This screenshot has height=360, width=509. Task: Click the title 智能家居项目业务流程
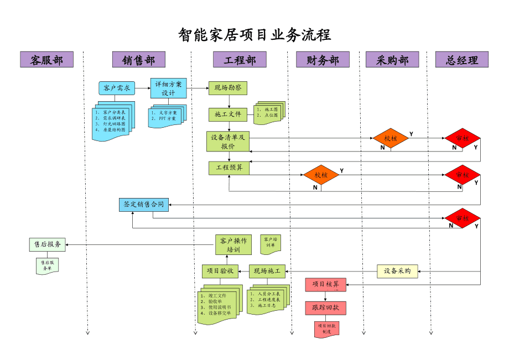tap(254, 35)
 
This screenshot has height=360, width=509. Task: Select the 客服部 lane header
tap(46, 60)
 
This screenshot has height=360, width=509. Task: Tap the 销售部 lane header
tap(138, 60)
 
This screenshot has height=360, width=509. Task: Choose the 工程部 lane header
tap(240, 60)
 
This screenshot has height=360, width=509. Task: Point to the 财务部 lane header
tap(323, 60)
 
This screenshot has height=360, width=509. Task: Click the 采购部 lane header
tap(392, 60)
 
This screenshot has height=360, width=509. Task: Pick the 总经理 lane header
tap(462, 60)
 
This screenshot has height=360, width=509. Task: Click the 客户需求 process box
tap(117, 88)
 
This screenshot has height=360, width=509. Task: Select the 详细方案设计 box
tap(168, 88)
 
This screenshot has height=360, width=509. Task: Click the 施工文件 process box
tap(227, 114)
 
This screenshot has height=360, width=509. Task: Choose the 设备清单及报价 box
tap(227, 142)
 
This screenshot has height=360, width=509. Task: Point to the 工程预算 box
tap(229, 167)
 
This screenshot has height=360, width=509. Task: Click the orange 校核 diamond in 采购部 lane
tap(391, 138)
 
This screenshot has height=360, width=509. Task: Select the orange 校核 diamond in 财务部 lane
tap(321, 175)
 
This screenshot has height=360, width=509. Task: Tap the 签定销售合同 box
tap(144, 204)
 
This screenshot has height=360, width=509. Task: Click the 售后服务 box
tap(47, 244)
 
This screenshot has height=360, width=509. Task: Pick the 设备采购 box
tap(397, 271)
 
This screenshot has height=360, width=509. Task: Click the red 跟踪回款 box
tap(325, 307)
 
